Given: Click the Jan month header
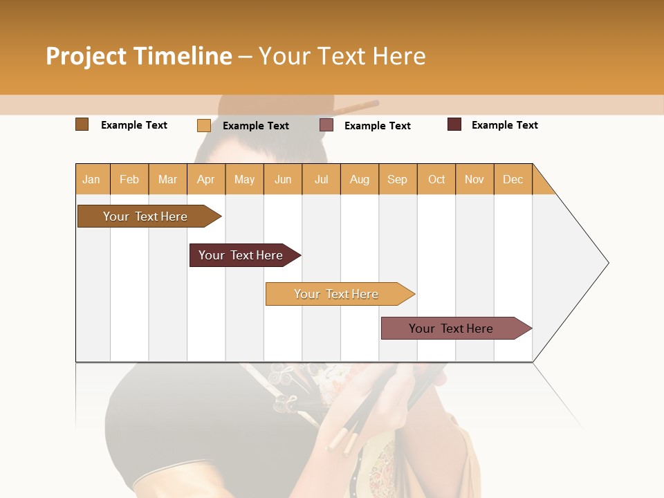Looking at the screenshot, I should point(92,179).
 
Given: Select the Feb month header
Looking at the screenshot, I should point(129,179).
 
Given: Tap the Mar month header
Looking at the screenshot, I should point(167,179).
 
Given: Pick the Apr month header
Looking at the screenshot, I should point(206,179).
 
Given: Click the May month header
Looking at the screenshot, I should point(244,179).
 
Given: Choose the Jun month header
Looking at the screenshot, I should point(283,179).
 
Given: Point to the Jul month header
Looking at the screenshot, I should point(321,179).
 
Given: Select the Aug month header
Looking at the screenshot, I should point(360,179).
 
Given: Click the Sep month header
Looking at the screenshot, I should point(398,179).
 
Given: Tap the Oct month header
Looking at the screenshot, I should point(436,179).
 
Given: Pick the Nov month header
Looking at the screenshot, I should point(474,179).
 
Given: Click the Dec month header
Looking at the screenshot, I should point(513,179).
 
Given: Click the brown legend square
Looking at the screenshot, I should point(82,124).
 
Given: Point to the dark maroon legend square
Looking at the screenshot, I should point(454,124).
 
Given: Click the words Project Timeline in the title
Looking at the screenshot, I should point(139,56).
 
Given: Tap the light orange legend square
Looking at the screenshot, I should point(203,125).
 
